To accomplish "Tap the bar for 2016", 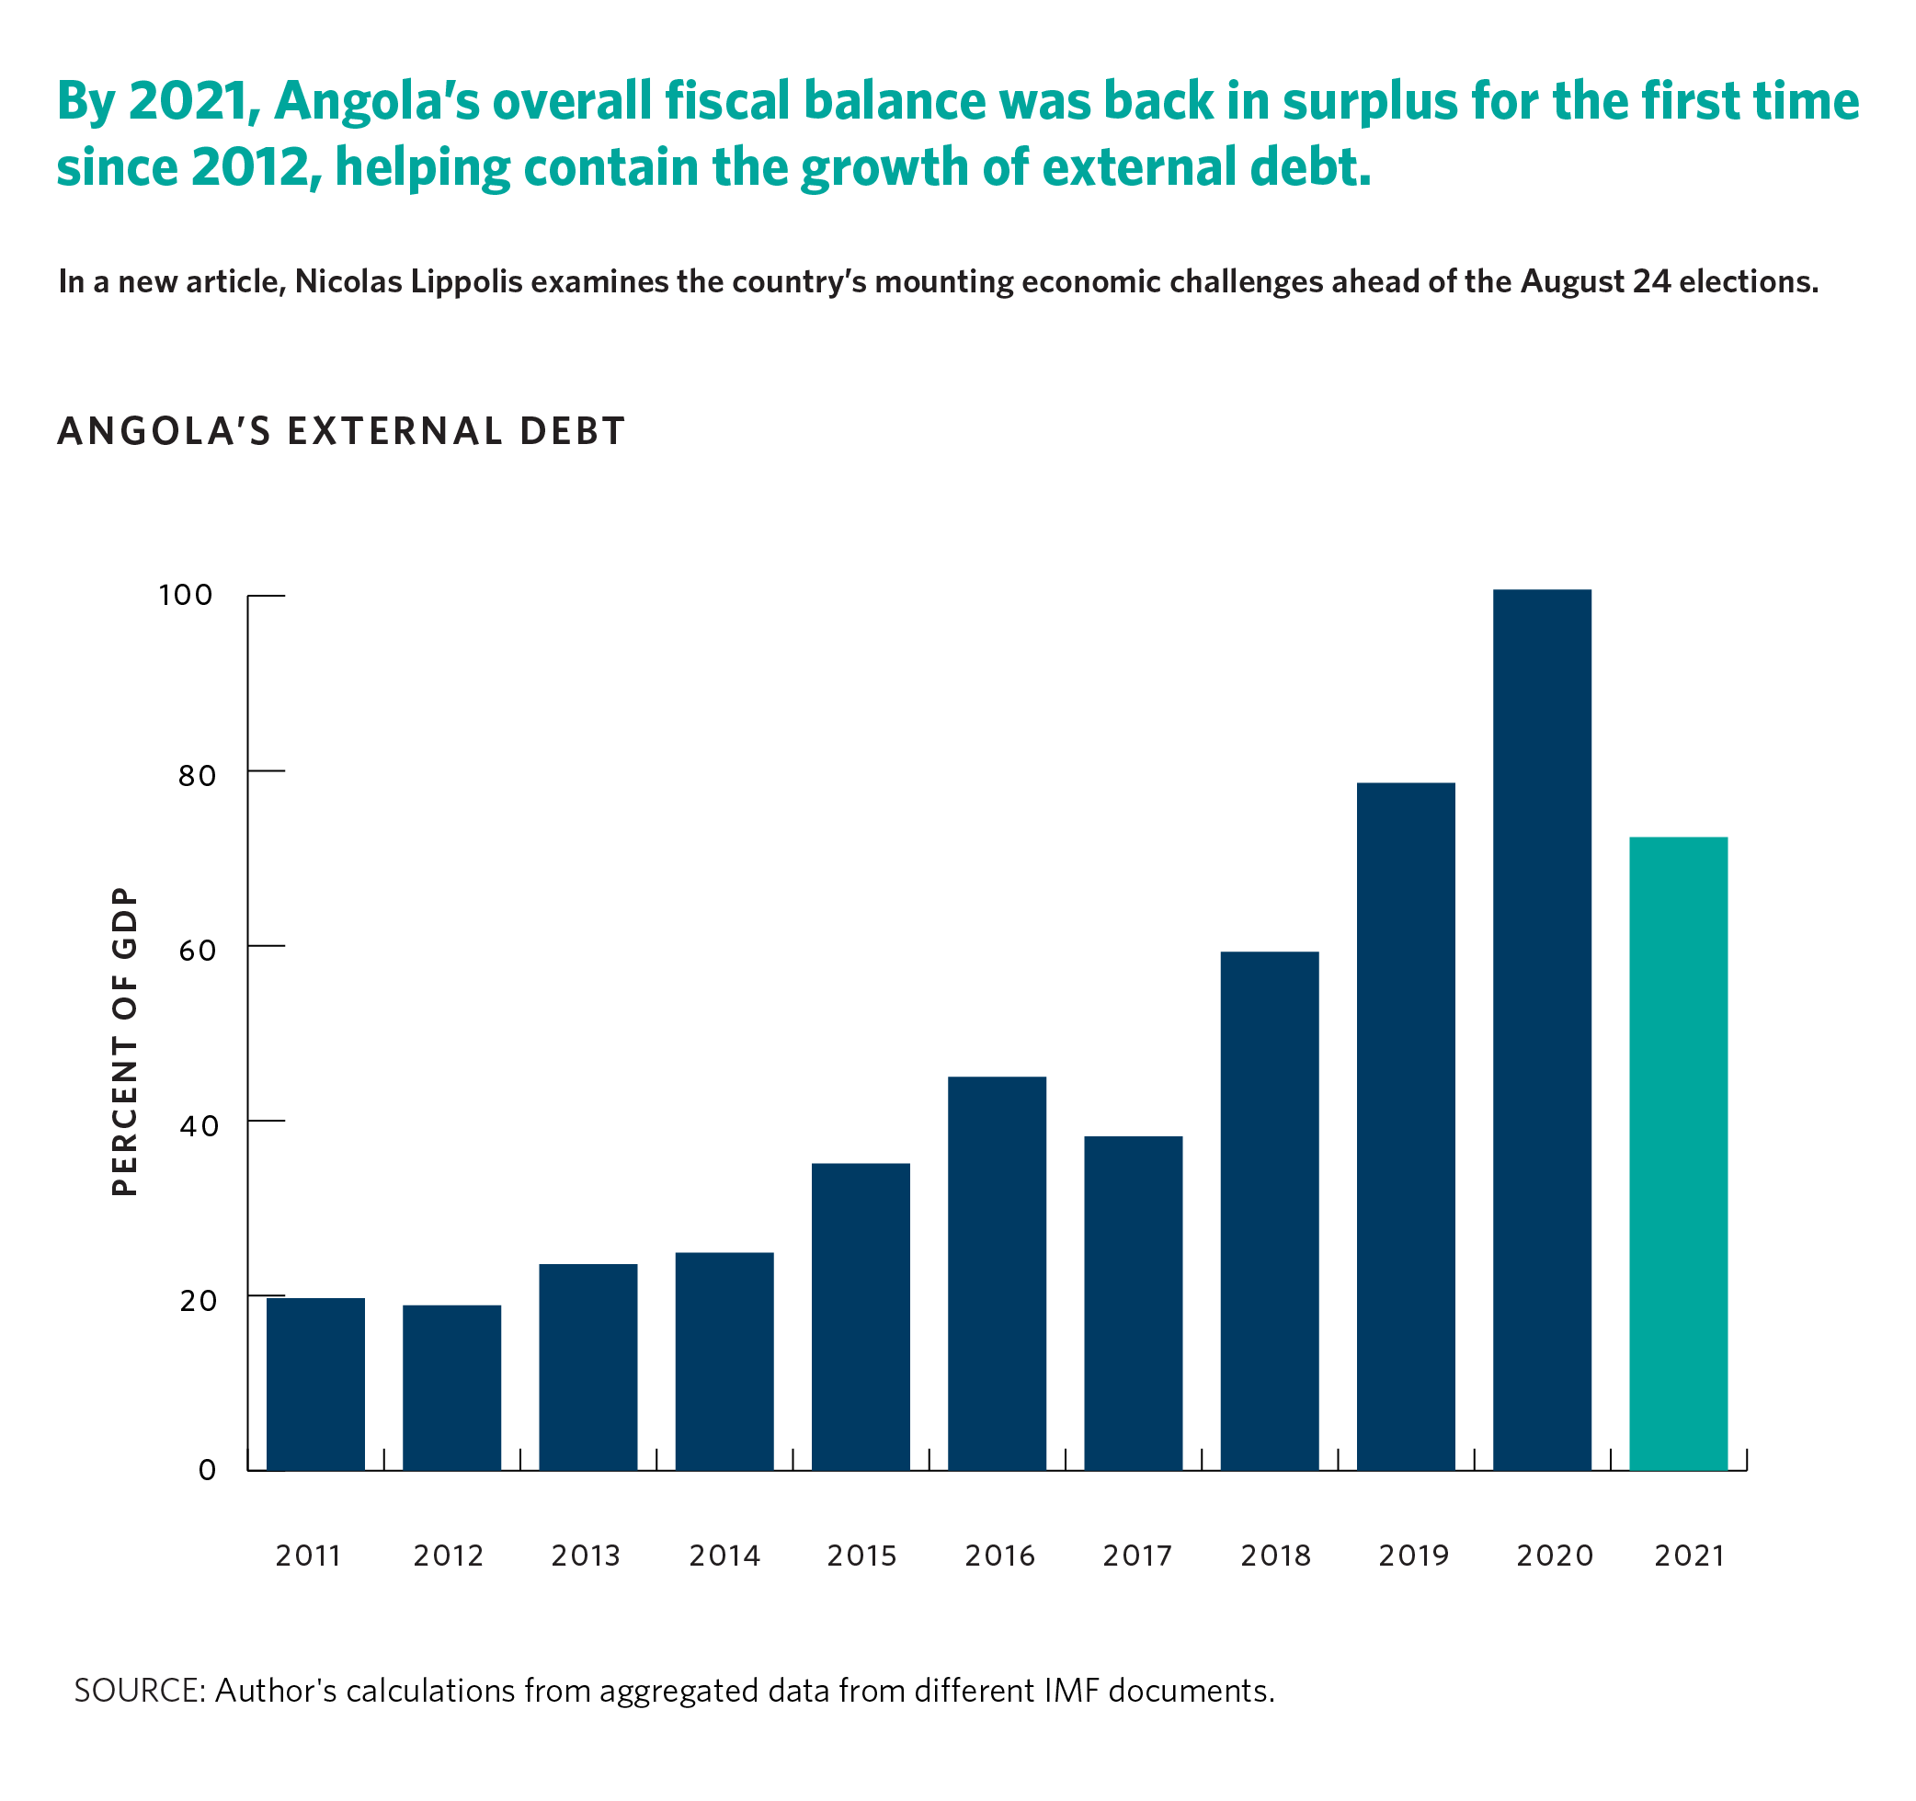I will pyautogui.click(x=997, y=1272).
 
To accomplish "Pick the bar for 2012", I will pyautogui.click(x=451, y=1386).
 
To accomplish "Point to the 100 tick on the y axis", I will pyautogui.click(x=185, y=596).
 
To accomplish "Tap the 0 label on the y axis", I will pyautogui.click(x=207, y=1470).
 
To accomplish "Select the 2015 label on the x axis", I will pyautogui.click(x=861, y=1556).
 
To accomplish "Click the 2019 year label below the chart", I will pyautogui.click(x=1413, y=1556).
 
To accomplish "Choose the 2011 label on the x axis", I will pyautogui.click(x=308, y=1556).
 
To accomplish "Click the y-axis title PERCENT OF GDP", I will pyautogui.click(x=125, y=1041).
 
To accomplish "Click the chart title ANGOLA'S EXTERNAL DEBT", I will pyautogui.click(x=341, y=431).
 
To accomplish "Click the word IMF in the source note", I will pyautogui.click(x=1071, y=1692).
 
